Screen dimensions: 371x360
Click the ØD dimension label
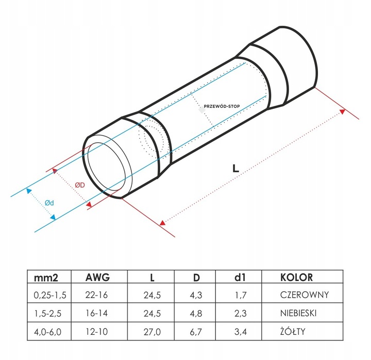coord(80,185)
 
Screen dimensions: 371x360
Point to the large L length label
coord(235,168)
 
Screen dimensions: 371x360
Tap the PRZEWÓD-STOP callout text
coord(222,106)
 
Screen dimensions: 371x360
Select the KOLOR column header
coord(296,277)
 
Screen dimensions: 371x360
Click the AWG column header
coord(97,277)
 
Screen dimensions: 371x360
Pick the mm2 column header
coord(46,277)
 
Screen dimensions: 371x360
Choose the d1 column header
coord(240,277)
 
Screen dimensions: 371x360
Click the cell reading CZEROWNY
coord(305,295)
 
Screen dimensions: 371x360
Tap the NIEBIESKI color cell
coord(298,313)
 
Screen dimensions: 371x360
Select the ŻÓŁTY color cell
coord(293,331)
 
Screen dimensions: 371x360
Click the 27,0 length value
coord(152,332)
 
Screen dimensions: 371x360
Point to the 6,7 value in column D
coord(196,332)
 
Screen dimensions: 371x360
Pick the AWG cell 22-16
coord(96,295)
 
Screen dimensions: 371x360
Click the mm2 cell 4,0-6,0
coord(47,332)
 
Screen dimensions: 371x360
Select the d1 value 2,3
coord(241,314)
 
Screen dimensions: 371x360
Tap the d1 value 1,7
coord(241,295)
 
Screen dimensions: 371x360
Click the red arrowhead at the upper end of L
coord(342,111)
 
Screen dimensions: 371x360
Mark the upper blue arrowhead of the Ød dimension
coord(29,191)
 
